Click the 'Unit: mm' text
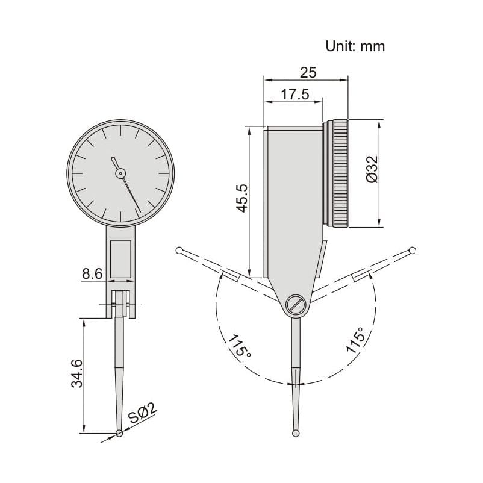355,46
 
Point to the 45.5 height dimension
241,198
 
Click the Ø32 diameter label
372,170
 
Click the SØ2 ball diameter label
143,414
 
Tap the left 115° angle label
239,344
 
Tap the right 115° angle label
354,341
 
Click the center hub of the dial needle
120,173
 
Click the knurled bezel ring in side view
338,173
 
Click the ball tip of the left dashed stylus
179,251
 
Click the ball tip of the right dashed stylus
413,251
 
